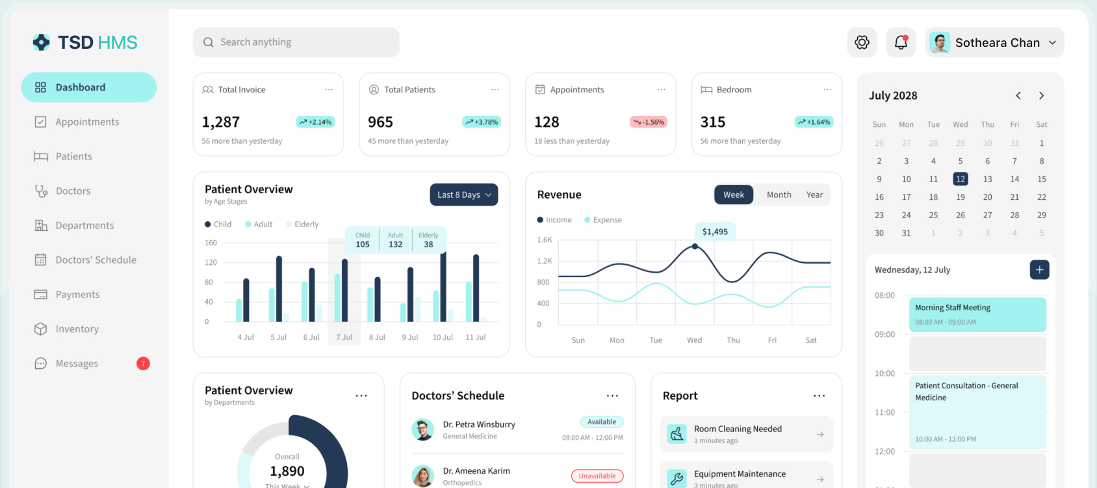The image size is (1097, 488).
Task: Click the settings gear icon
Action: (862, 42)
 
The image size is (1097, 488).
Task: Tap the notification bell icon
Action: (901, 42)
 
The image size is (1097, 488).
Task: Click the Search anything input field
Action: (296, 42)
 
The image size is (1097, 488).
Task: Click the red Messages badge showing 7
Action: (143, 364)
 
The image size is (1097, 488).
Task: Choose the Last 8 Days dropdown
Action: (464, 195)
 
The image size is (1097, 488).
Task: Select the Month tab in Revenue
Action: (779, 195)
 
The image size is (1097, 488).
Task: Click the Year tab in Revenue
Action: (814, 195)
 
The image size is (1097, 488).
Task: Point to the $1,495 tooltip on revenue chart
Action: (715, 232)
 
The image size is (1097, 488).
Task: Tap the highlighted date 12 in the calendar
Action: (961, 179)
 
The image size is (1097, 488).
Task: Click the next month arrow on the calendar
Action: (1042, 96)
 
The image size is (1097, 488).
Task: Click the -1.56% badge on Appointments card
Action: (649, 122)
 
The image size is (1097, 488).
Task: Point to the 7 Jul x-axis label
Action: (344, 337)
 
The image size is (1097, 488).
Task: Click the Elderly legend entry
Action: (302, 224)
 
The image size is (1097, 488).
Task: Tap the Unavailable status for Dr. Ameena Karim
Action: (597, 476)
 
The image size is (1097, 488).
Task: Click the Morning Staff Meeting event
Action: (977, 314)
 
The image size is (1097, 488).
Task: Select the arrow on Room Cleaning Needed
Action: (820, 435)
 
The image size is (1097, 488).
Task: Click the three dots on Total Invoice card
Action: (329, 90)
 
